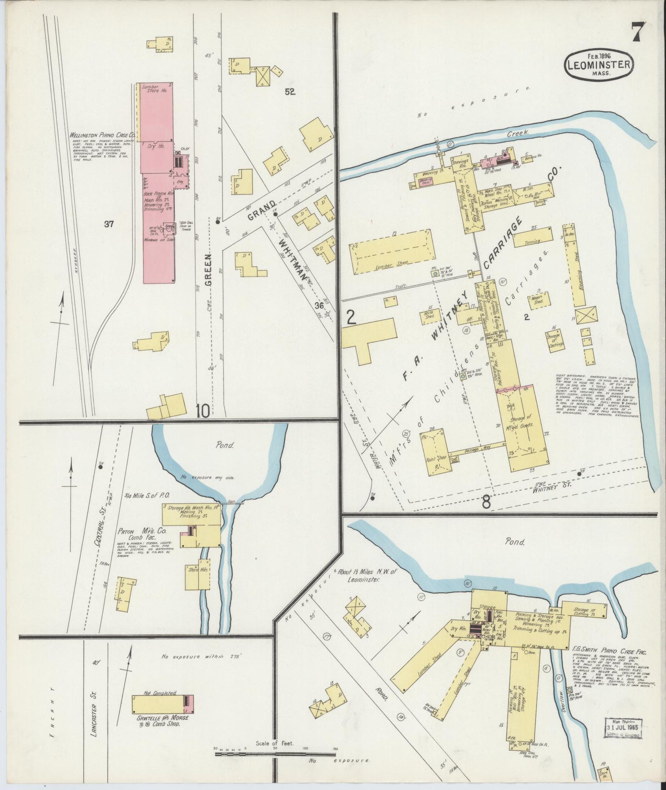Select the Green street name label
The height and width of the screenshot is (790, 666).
[x=208, y=270]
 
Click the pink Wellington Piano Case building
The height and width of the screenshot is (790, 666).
[x=157, y=184]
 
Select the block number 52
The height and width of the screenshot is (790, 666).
[x=289, y=92]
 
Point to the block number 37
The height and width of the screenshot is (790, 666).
[x=109, y=224]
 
